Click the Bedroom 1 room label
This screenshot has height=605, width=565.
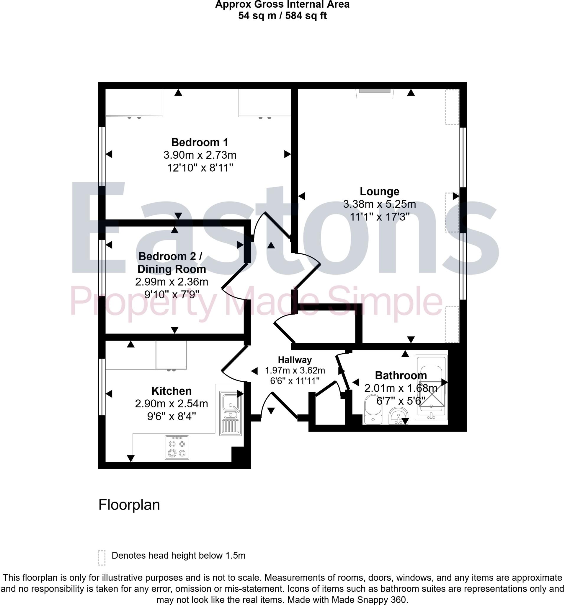[x=200, y=142]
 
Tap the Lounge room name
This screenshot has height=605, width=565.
[x=379, y=191]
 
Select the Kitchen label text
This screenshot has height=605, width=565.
[x=172, y=391]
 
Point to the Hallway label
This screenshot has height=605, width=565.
[x=295, y=360]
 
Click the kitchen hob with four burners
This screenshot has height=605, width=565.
[x=177, y=447]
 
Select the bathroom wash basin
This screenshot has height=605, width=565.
[x=398, y=416]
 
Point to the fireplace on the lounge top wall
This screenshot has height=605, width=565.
[x=375, y=93]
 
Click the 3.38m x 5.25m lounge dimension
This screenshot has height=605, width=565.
[x=379, y=204]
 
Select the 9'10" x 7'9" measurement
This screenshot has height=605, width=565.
[x=172, y=295]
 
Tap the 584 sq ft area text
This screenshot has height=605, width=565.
[x=306, y=16]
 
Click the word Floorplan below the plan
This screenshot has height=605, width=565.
[x=129, y=505]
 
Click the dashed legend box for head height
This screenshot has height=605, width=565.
[x=102, y=558]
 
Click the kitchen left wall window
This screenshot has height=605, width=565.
[x=102, y=387]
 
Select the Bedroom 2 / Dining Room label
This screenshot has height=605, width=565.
[x=172, y=263]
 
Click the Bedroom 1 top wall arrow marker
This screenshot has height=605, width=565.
[x=178, y=92]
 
